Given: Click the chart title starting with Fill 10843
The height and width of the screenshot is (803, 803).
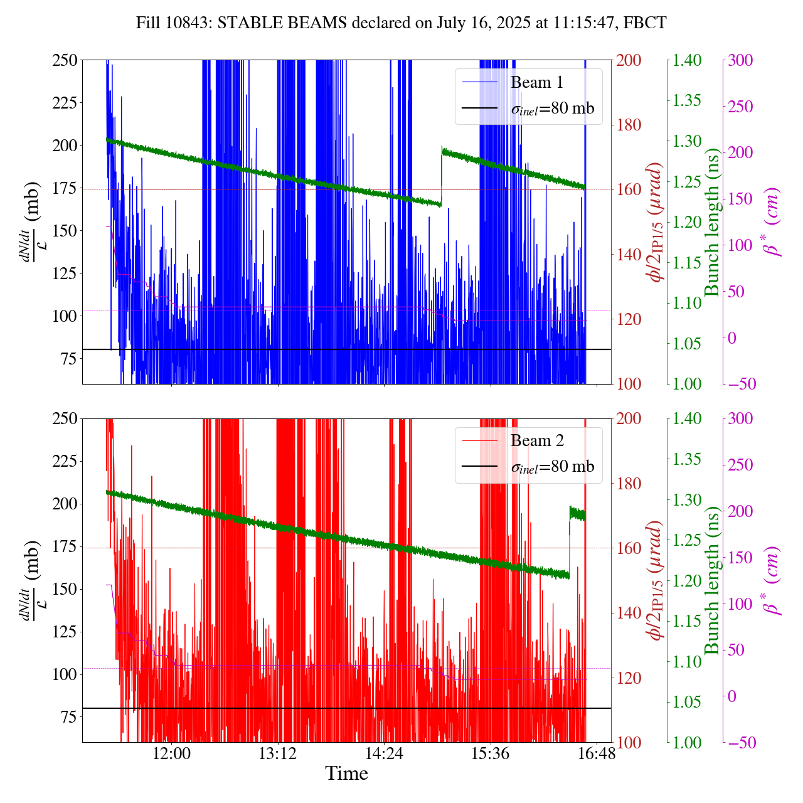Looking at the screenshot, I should tap(401, 23).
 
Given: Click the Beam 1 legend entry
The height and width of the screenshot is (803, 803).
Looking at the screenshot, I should tap(536, 82).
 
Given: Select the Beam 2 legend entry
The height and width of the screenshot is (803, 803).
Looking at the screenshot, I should tap(537, 441).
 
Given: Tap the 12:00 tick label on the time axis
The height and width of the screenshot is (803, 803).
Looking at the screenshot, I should tap(172, 753).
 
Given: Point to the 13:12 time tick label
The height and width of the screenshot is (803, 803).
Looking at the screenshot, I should tap(278, 753).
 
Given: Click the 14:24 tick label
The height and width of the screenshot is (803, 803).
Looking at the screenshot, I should tap(384, 753).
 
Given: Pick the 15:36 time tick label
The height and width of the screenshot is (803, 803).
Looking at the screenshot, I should tap(490, 753).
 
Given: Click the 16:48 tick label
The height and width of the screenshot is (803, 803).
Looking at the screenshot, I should tap(596, 753).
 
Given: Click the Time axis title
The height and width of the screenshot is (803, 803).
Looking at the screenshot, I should tap(346, 774).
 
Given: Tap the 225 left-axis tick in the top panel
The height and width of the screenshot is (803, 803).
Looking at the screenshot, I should tap(64, 103).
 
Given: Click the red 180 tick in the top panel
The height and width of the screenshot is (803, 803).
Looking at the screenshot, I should tap(629, 125).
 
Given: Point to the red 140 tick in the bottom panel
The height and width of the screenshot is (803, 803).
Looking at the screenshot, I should tap(629, 613).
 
